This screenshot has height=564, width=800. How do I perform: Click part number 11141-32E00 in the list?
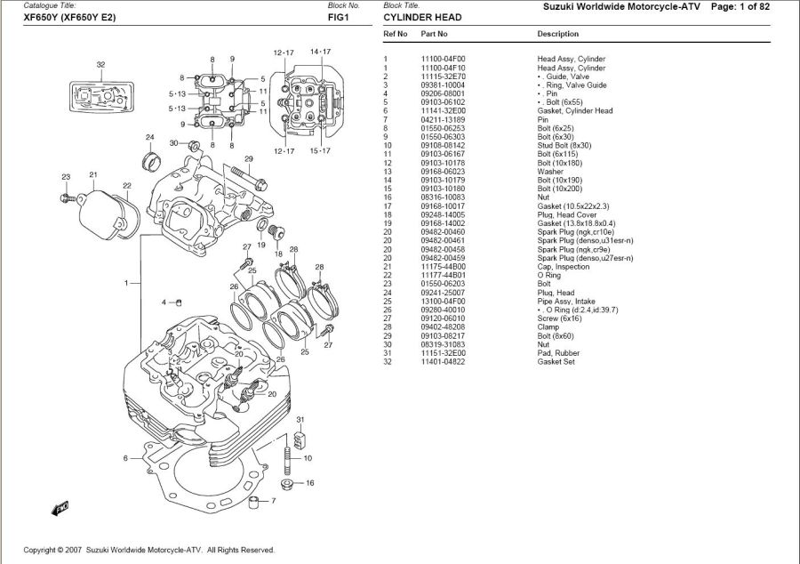[444, 111]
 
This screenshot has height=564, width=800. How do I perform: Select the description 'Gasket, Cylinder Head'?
[574, 111]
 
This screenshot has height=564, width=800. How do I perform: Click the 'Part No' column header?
[434, 34]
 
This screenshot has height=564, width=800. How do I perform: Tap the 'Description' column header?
[557, 34]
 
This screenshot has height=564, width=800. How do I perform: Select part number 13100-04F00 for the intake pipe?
[444, 302]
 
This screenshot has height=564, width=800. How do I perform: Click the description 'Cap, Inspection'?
[563, 267]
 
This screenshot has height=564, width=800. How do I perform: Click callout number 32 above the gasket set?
[100, 65]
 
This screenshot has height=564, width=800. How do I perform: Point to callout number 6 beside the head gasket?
[126, 459]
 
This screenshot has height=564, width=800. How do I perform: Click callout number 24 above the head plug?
[149, 137]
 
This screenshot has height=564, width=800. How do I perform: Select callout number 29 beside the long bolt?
[249, 159]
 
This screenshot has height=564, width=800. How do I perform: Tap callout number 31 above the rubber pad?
[300, 419]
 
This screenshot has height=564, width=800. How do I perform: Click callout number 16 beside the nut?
[309, 483]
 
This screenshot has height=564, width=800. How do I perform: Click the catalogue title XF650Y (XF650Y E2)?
[69, 18]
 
